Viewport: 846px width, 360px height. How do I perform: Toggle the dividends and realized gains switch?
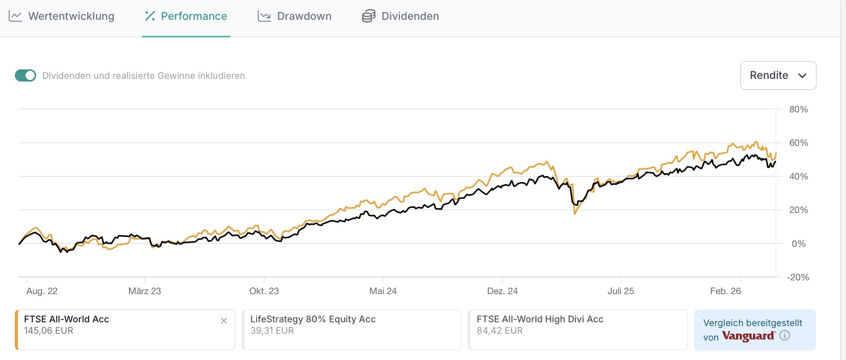tap(26, 75)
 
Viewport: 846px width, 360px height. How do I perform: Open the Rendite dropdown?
tap(778, 75)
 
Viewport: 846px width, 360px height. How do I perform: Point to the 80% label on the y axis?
tap(798, 110)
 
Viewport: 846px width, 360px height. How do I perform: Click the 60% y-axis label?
tap(798, 143)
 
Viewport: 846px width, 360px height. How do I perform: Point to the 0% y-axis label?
tap(798, 244)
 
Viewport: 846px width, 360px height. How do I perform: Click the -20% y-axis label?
tap(798, 277)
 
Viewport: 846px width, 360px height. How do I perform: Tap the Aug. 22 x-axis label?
tap(42, 291)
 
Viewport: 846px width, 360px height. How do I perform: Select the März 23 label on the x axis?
tap(145, 291)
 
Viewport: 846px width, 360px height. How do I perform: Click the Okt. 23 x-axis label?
tap(264, 291)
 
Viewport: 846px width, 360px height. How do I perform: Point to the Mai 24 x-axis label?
tap(383, 291)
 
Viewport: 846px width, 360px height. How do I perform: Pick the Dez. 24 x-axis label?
tap(502, 291)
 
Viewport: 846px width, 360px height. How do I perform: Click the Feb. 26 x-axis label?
tap(725, 291)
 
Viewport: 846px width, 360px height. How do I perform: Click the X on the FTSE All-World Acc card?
tap(224, 321)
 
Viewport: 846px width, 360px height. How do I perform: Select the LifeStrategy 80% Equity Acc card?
tap(351, 330)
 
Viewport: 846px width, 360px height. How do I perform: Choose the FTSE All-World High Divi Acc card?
tap(577, 330)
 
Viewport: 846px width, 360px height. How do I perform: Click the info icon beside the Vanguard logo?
tap(785, 336)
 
